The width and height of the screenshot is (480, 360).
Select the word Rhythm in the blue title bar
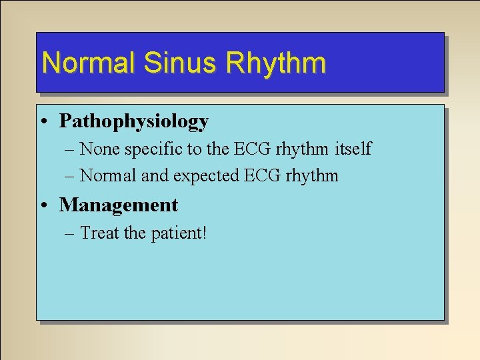coord(276,63)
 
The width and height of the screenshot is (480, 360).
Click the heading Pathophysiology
coord(134,121)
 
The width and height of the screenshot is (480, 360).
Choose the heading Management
coord(119,205)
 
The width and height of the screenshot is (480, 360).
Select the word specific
coord(150,149)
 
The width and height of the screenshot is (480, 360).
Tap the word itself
coord(353,149)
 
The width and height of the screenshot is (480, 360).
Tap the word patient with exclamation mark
coord(179,233)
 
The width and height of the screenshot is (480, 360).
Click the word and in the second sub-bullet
coord(153,176)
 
